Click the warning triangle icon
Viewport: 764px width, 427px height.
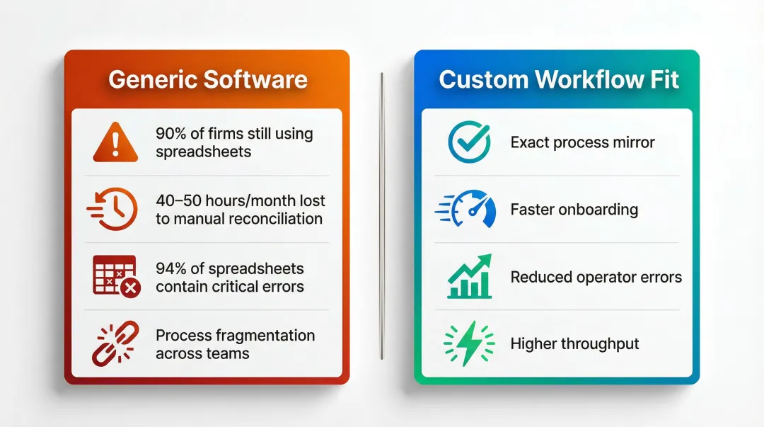click(x=116, y=142)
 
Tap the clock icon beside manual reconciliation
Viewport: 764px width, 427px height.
click(x=113, y=209)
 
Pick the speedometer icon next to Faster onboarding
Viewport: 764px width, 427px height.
click(x=467, y=209)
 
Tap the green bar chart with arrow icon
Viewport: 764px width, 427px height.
click(x=469, y=276)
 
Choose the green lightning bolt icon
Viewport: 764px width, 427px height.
click(x=468, y=343)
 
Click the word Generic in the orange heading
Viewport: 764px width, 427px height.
click(x=152, y=79)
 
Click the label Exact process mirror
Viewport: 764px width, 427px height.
click(x=582, y=142)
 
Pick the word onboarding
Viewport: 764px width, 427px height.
click(x=599, y=210)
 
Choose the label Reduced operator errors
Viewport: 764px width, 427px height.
click(x=596, y=277)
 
